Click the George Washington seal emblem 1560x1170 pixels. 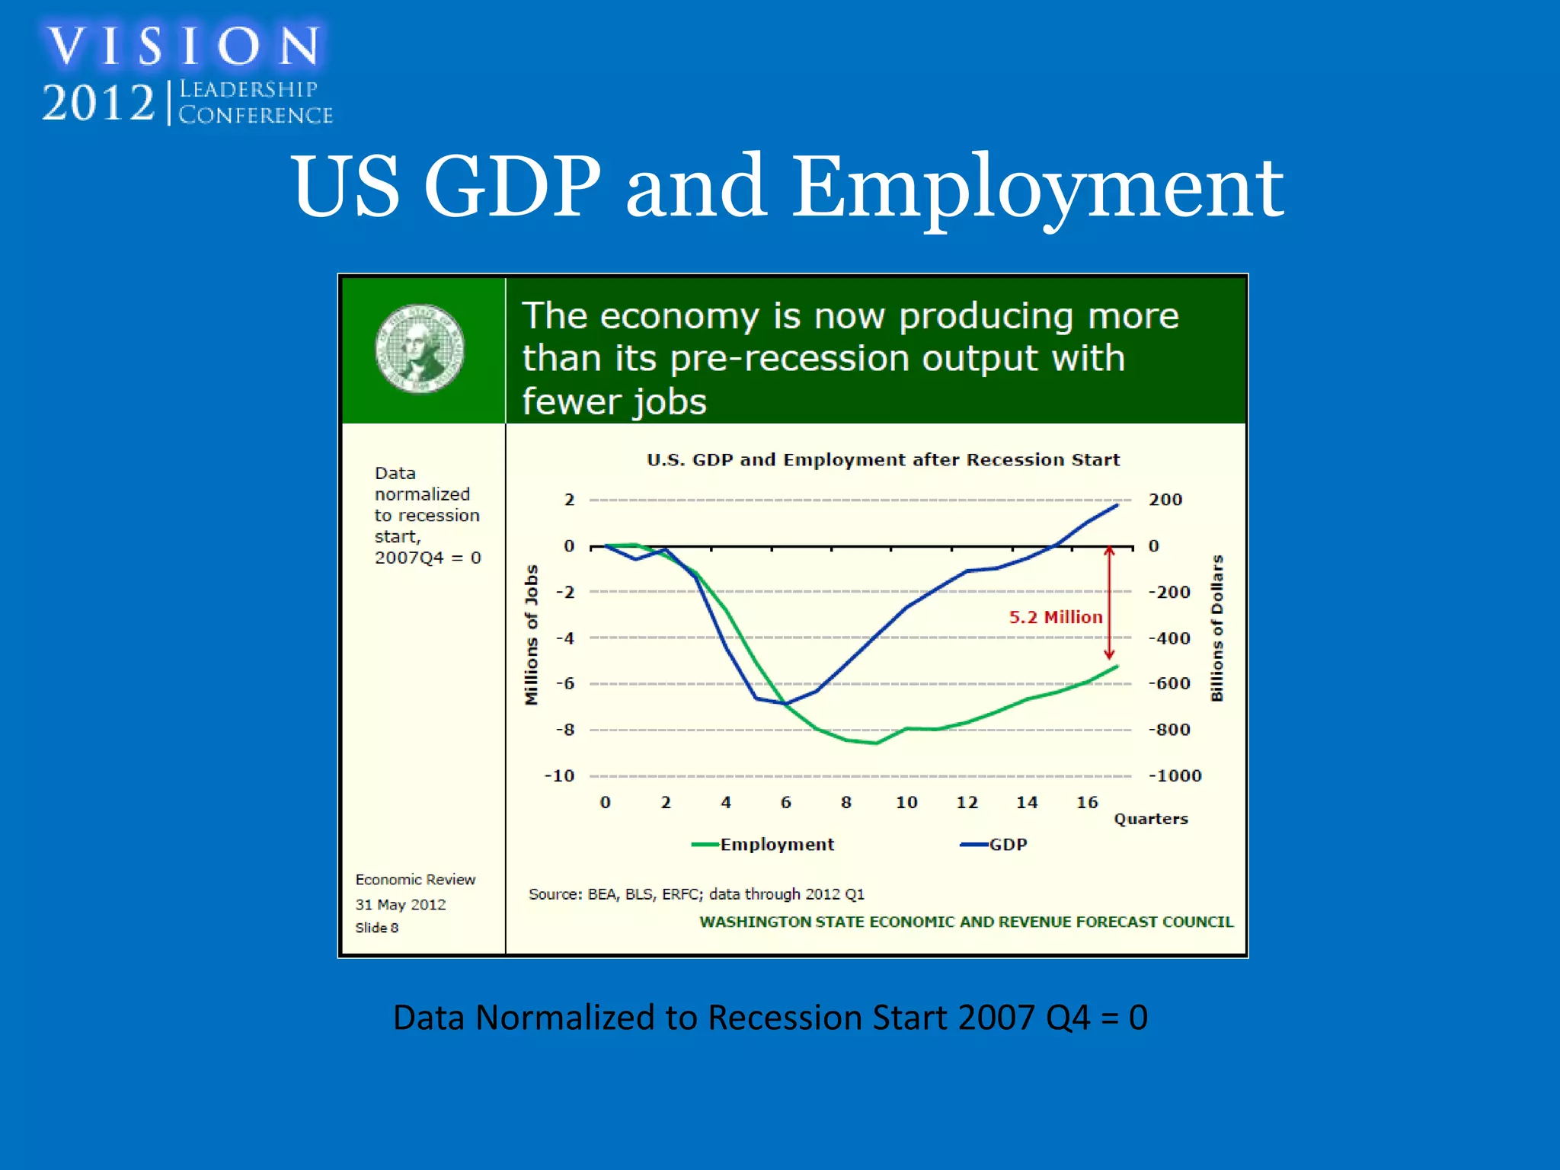(x=420, y=350)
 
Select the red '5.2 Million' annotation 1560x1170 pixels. (x=1055, y=617)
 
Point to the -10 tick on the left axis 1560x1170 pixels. (x=559, y=775)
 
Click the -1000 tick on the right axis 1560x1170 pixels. (x=1175, y=775)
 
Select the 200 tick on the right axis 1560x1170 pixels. (x=1165, y=500)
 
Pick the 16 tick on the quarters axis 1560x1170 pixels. (x=1087, y=802)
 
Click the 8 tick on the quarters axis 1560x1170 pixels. (x=846, y=802)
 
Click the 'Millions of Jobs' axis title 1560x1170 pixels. (x=532, y=635)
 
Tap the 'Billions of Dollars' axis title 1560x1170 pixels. (x=1216, y=628)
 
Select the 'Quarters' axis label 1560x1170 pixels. (x=1150, y=819)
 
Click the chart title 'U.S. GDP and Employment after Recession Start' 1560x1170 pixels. (x=883, y=460)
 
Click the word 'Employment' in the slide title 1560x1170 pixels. (x=1037, y=187)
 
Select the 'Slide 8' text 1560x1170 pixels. (x=376, y=928)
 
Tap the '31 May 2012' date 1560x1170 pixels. (x=400, y=904)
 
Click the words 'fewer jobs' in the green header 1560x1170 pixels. (x=614, y=401)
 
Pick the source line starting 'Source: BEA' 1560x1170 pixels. (x=696, y=894)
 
